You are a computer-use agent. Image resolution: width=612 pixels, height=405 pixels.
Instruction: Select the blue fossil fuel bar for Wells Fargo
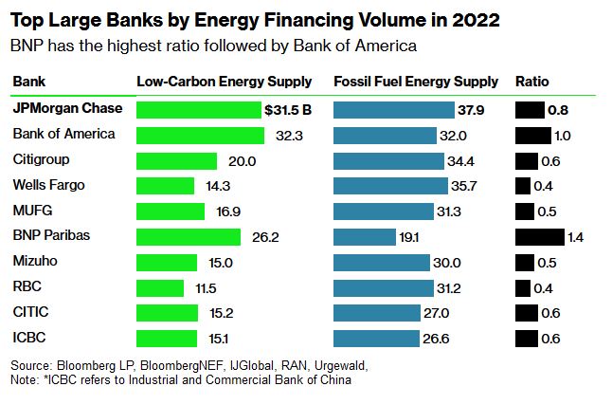point(390,186)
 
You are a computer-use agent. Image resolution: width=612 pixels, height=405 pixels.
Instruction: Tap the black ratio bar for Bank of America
point(532,135)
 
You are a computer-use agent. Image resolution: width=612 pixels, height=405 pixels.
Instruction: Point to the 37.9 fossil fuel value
point(472,110)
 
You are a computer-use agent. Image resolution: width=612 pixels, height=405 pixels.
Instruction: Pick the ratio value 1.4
point(574,236)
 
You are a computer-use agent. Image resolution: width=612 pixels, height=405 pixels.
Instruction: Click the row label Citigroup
point(41,159)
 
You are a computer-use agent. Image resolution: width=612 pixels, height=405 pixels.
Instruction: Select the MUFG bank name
point(31,210)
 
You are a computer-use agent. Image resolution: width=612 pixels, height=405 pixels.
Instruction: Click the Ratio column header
point(531,82)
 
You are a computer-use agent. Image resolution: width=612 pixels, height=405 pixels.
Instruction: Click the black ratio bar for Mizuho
point(526,262)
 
